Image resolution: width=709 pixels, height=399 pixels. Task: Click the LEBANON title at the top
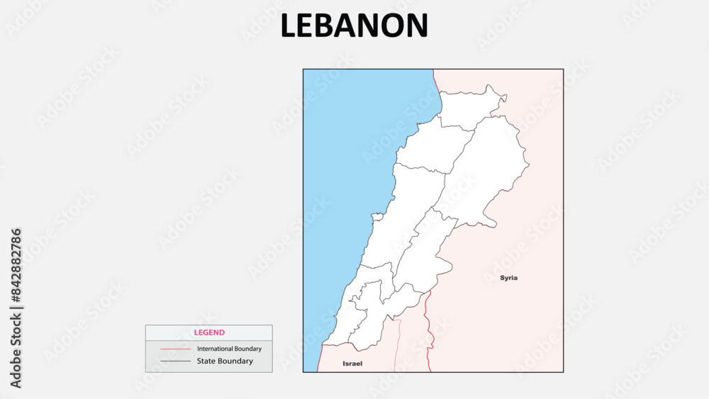click(354, 26)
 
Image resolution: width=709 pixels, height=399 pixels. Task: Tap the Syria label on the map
click(508, 278)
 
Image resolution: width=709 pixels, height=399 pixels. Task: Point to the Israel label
click(352, 364)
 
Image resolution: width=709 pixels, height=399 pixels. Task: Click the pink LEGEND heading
click(209, 332)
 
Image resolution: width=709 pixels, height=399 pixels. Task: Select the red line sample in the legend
click(175, 349)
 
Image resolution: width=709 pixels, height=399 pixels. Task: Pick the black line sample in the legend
click(175, 361)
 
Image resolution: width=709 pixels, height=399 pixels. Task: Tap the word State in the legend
click(206, 361)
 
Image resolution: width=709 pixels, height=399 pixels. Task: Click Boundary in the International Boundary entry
click(246, 349)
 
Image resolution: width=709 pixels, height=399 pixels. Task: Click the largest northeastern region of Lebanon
click(489, 170)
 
